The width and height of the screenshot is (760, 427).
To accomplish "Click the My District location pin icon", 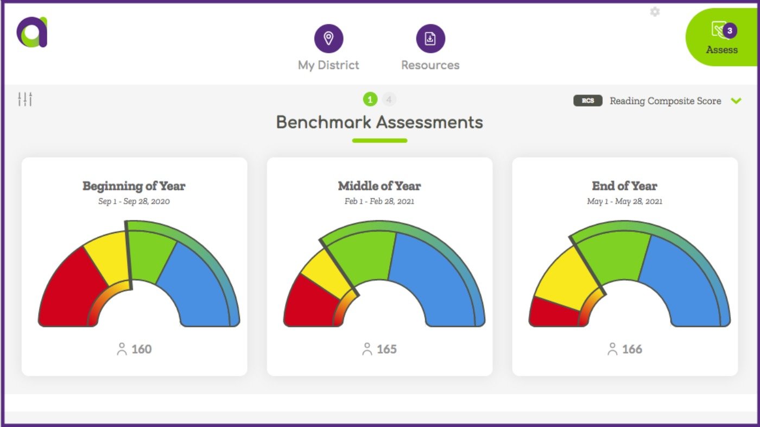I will pyautogui.click(x=328, y=39).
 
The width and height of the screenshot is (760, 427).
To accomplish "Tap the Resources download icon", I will pyautogui.click(x=430, y=39).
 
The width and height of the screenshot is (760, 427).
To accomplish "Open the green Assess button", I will pyautogui.click(x=722, y=38).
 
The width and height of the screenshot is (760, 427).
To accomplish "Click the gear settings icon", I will pyautogui.click(x=655, y=11).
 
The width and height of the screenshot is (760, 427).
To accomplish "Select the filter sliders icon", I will pyautogui.click(x=25, y=99).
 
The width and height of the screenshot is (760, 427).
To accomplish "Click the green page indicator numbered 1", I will pyautogui.click(x=370, y=99).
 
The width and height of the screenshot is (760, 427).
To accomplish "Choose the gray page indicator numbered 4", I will pyautogui.click(x=389, y=99).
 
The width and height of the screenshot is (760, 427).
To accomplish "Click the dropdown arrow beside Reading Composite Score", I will pyautogui.click(x=736, y=101).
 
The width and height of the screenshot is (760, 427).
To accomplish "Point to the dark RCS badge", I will pyautogui.click(x=588, y=101).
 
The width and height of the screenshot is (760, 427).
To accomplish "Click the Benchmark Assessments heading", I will pyautogui.click(x=379, y=122).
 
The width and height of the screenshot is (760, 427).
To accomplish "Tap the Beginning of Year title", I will pyautogui.click(x=134, y=186).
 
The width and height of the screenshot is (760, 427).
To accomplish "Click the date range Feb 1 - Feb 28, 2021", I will pyautogui.click(x=379, y=201).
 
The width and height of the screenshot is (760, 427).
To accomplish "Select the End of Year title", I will pyautogui.click(x=624, y=186).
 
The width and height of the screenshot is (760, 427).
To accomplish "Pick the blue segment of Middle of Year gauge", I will pyautogui.click(x=434, y=277).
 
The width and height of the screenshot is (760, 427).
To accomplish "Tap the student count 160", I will pyautogui.click(x=141, y=349).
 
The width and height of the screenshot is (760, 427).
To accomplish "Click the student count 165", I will pyautogui.click(x=387, y=349).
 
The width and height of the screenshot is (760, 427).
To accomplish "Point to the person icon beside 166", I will pyautogui.click(x=612, y=349).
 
